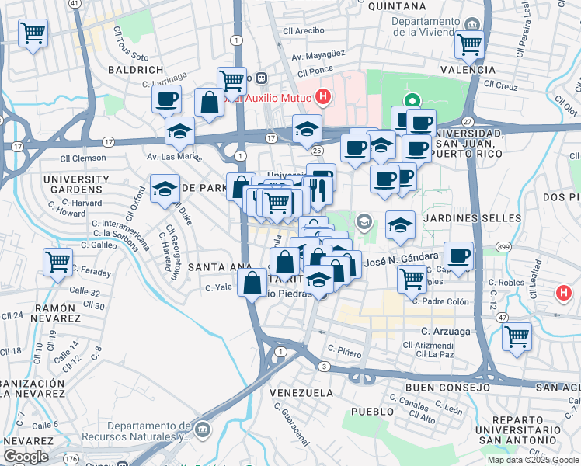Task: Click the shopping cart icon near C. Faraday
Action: pos(58,262)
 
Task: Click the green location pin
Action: pos(411,101)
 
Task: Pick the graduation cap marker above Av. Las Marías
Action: pos(179,130)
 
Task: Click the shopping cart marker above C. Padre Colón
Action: pos(411,278)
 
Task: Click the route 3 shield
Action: pos(324,366)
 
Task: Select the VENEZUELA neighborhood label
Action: pos(301,393)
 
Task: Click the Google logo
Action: pos(26,457)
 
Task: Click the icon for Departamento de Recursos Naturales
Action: pos(202,429)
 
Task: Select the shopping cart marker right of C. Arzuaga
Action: pos(517,336)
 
